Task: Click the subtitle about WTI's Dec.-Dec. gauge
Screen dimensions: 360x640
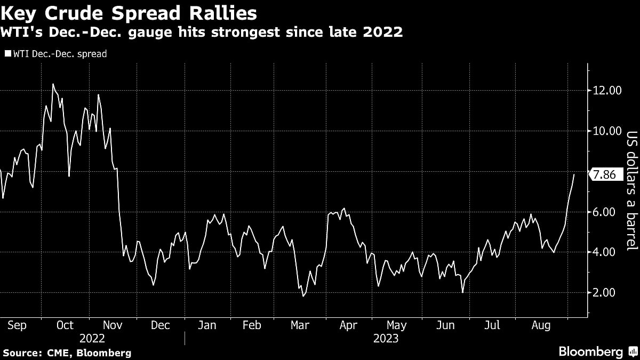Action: coord(202,33)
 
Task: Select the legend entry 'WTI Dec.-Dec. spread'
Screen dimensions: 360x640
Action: coord(56,54)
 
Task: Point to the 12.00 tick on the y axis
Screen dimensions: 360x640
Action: coord(607,91)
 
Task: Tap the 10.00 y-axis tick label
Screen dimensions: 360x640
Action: coord(607,131)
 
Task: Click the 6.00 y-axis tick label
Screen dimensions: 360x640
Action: coord(607,212)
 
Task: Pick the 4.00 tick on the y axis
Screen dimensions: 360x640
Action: coord(607,252)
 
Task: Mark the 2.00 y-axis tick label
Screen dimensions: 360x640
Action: coord(607,293)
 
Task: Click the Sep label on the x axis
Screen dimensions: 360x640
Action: coord(18,325)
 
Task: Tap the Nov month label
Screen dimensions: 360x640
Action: coord(113,325)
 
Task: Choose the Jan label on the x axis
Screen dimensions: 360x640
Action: coord(207,325)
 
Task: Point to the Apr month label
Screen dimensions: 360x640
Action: coord(348,325)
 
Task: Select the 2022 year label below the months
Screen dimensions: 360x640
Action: coord(92,338)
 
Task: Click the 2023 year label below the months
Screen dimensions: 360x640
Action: coord(386,338)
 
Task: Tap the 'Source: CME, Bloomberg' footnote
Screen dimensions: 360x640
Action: coord(67,353)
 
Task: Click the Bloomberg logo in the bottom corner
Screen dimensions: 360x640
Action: coord(591,351)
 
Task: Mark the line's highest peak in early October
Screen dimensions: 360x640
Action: coord(53,84)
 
